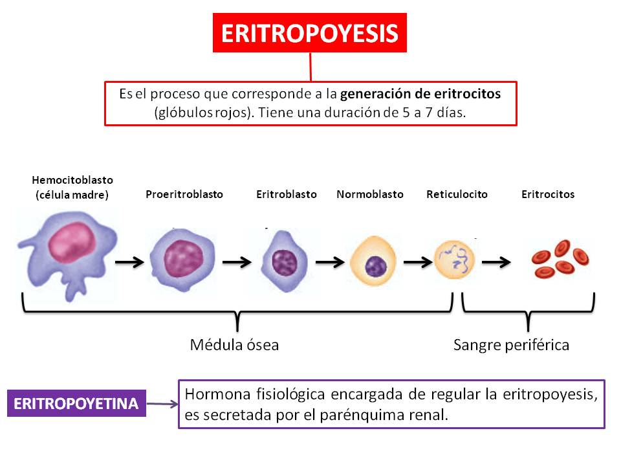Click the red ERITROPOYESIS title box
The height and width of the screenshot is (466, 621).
tap(309, 33)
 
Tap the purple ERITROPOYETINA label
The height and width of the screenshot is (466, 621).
tap(76, 404)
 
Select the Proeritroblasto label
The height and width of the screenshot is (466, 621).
tap(184, 194)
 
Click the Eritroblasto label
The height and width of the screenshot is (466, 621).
tap(286, 194)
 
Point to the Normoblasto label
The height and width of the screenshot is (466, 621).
tap(369, 194)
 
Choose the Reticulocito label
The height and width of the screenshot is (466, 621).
tap(457, 194)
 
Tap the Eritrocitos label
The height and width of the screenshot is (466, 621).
tap(547, 194)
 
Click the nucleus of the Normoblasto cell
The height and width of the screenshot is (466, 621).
tap(375, 264)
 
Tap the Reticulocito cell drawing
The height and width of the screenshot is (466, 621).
tap(453, 260)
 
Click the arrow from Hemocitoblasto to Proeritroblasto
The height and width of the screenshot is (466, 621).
tap(129, 262)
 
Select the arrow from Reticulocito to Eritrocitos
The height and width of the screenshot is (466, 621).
tap(496, 262)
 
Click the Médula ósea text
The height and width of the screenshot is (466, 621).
tap(234, 345)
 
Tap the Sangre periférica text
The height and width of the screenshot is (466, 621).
tap(511, 345)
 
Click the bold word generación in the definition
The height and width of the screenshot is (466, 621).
tap(375, 93)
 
